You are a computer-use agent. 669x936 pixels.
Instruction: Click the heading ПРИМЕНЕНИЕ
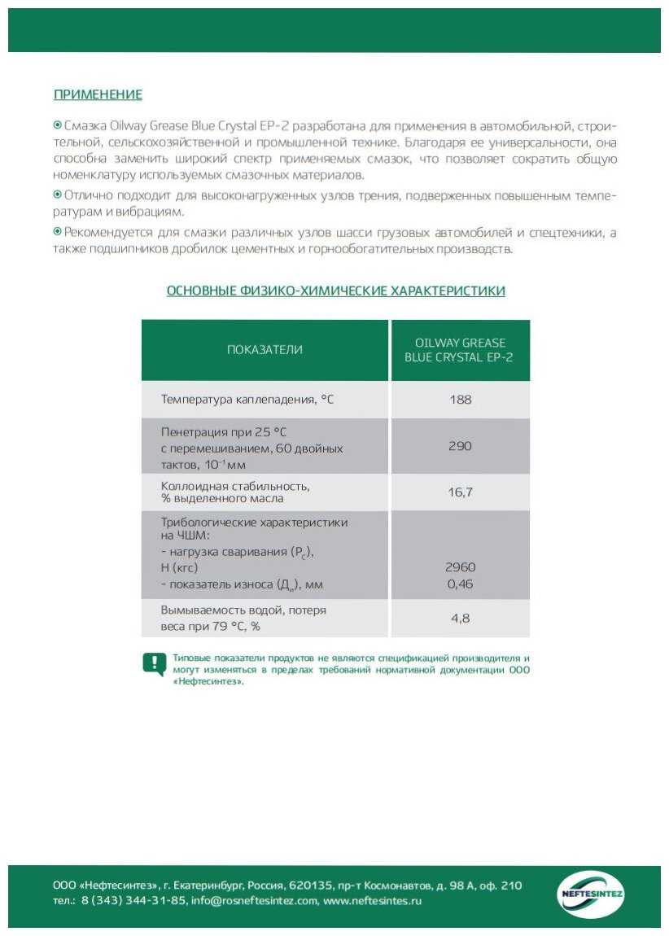(98, 95)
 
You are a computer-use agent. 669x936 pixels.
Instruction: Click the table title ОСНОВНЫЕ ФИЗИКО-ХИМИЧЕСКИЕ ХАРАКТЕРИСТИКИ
(335, 291)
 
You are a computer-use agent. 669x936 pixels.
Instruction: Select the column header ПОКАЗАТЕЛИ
(265, 350)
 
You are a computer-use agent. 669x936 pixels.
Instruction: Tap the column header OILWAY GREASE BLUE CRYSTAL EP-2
(461, 350)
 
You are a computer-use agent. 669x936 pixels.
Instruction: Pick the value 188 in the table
(461, 400)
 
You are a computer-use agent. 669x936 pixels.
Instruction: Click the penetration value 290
(461, 446)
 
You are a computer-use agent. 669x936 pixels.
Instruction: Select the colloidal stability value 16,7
(461, 492)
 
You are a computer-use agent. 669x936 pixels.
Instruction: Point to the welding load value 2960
(461, 567)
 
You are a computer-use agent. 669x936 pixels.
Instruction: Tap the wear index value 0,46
(461, 584)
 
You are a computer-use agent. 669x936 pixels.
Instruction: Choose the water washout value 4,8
(461, 618)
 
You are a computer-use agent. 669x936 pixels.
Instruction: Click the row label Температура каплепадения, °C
(247, 400)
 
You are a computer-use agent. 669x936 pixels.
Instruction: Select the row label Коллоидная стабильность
(235, 486)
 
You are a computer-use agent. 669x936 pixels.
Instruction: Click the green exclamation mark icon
(154, 664)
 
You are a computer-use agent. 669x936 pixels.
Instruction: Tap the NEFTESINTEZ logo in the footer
(592, 894)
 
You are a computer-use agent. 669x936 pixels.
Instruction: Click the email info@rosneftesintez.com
(254, 901)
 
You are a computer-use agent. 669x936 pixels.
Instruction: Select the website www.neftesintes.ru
(372, 901)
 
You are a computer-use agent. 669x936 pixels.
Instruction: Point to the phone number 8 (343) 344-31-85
(133, 901)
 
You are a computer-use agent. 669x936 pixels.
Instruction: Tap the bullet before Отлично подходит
(58, 195)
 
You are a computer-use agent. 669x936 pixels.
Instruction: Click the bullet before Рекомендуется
(58, 233)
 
